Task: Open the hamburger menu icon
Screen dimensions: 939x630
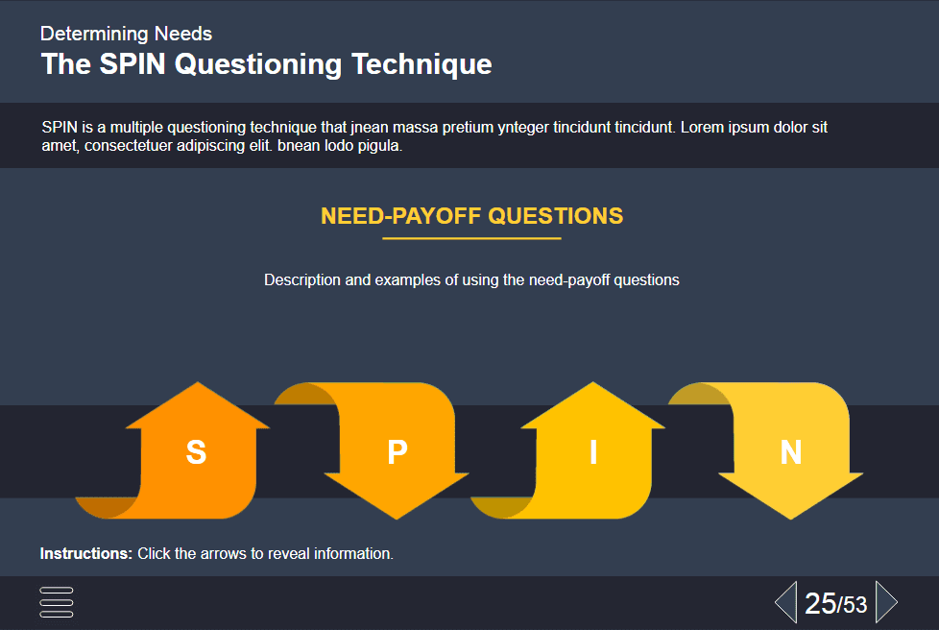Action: [57, 602]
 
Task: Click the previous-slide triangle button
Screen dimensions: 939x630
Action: [786, 602]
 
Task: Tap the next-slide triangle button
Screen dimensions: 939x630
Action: [886, 602]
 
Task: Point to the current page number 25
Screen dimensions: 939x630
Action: [821, 603]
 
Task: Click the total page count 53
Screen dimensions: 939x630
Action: [855, 605]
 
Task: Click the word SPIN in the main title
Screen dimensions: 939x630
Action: [132, 64]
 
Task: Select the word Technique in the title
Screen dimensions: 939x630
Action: [421, 64]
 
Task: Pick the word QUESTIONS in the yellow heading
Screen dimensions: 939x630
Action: [556, 216]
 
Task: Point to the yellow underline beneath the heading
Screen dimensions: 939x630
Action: [471, 238]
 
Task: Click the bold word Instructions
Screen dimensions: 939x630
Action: [86, 553]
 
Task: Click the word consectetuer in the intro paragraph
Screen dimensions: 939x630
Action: [128, 146]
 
